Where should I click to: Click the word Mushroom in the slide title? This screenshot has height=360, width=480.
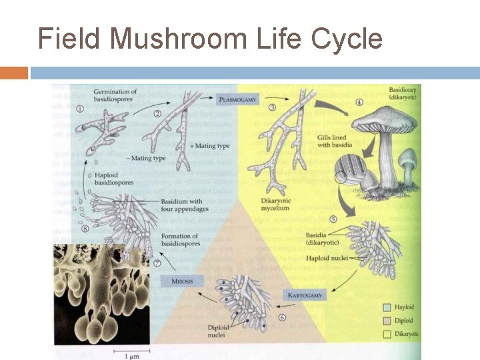tap(178, 39)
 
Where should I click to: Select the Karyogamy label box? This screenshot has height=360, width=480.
tap(305, 294)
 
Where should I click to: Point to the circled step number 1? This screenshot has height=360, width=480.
tap(80, 109)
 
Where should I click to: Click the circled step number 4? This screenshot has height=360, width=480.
tap(359, 102)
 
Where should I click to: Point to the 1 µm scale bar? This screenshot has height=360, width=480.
tap(127, 351)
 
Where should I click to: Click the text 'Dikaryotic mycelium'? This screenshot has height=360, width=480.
tap(275, 204)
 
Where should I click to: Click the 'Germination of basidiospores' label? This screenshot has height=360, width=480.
tap(115, 96)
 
